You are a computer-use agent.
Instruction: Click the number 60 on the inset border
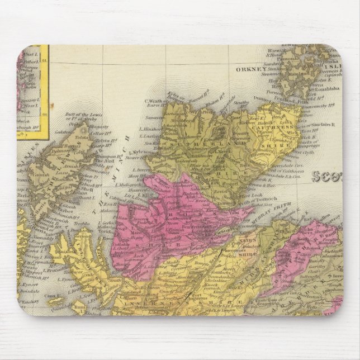(x=45, y=115)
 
